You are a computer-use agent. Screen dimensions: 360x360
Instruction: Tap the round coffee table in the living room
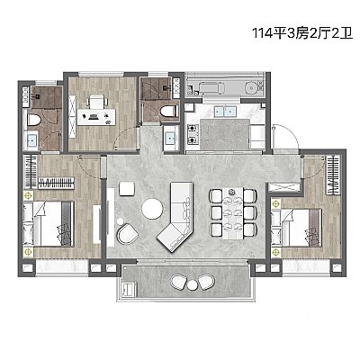point(153,209)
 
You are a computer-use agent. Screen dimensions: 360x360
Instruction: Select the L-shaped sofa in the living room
point(178,217)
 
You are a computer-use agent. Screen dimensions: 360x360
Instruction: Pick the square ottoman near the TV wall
point(127,189)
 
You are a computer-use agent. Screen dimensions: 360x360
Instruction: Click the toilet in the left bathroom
point(33,120)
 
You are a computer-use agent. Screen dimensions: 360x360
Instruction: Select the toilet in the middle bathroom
point(168,112)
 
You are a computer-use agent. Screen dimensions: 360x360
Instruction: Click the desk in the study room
point(96,117)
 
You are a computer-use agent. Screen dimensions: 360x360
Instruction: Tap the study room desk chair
point(97,102)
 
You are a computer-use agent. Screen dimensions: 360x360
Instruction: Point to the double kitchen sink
point(225,112)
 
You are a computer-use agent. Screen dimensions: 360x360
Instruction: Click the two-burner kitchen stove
point(193,134)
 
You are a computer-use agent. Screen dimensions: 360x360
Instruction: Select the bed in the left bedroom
point(49,224)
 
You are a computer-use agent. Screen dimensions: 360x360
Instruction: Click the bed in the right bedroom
point(296,228)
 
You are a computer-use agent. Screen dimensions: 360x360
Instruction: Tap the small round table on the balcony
point(193,284)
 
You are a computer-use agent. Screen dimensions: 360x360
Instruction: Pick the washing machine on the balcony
point(128,290)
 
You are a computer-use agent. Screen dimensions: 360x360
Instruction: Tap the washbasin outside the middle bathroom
point(171,139)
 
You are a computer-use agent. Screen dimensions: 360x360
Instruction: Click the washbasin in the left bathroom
point(31,140)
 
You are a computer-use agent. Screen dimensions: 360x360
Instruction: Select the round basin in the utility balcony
point(251,87)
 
